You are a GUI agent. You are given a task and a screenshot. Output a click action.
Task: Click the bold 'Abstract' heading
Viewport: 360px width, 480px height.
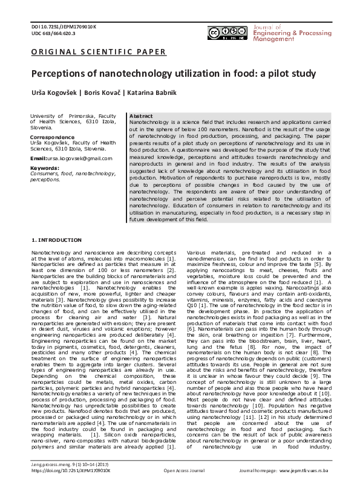[141, 115]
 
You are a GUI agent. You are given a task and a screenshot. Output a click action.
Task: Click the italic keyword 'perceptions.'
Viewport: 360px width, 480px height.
[45, 180]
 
